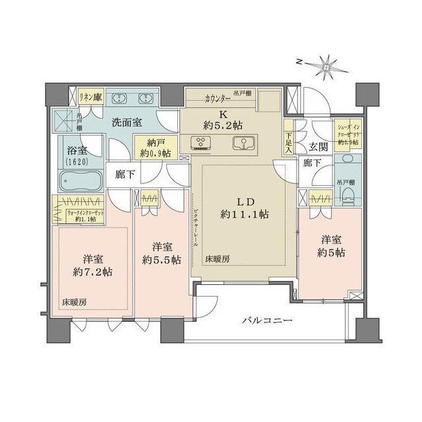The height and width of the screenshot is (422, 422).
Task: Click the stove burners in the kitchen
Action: (x=200, y=143)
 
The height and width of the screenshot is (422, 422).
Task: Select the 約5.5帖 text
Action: (x=162, y=260)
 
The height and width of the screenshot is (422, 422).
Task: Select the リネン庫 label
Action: (x=90, y=96)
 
